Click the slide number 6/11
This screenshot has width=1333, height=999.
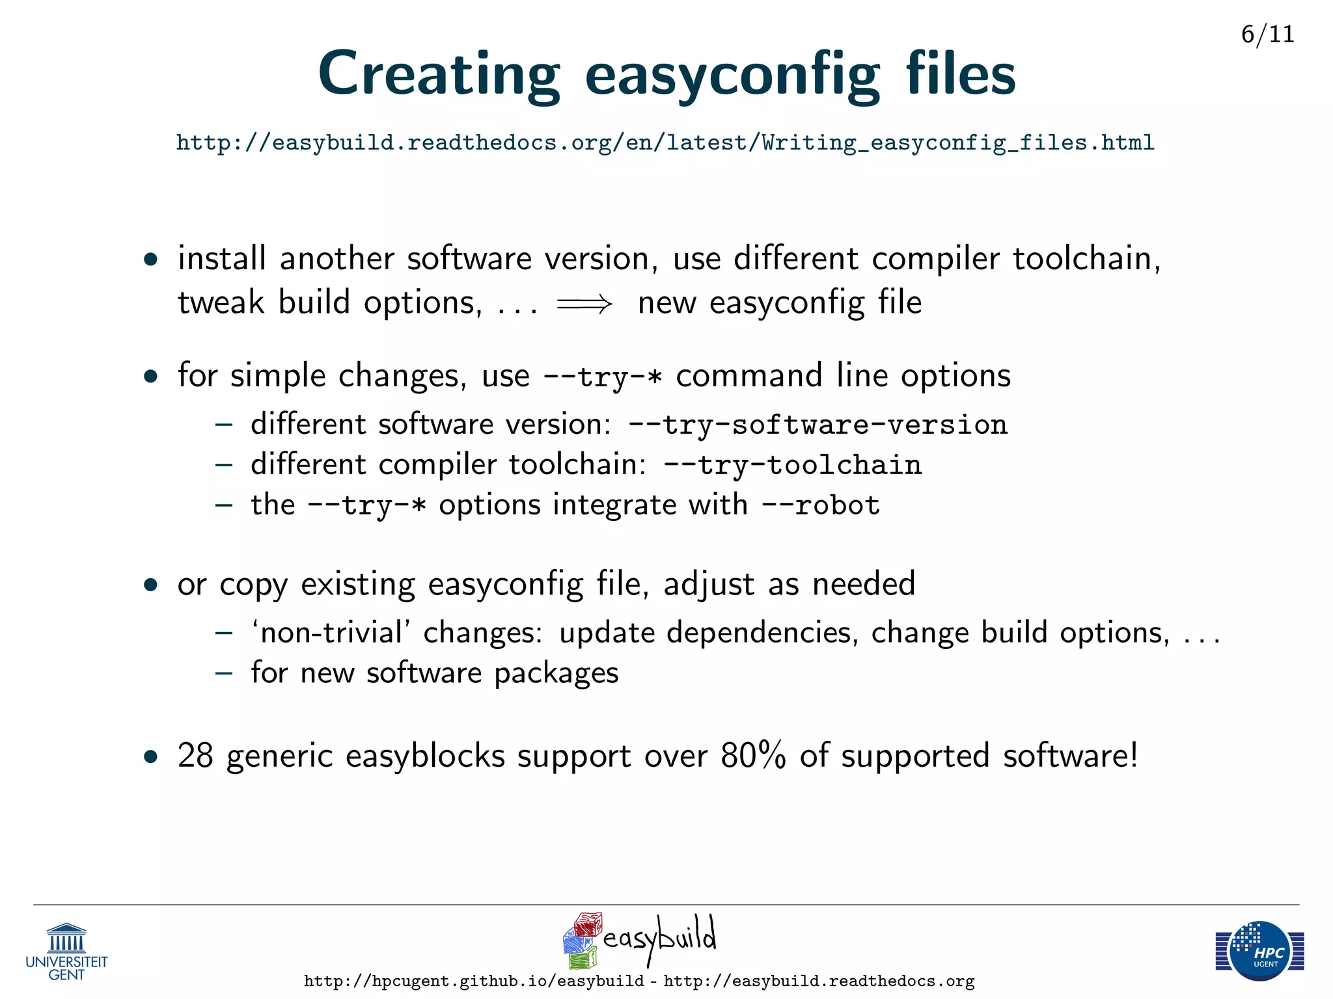click(1267, 34)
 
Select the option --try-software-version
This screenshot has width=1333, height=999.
click(818, 425)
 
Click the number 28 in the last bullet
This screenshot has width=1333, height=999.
click(195, 756)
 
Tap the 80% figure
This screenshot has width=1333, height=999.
click(753, 756)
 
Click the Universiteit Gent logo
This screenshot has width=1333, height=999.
click(66, 950)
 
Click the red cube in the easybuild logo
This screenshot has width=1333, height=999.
click(588, 924)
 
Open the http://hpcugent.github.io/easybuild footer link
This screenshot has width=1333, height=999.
click(474, 981)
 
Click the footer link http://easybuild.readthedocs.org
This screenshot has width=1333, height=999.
click(819, 981)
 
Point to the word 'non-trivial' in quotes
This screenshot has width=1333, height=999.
click(331, 633)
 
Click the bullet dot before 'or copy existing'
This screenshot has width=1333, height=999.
click(151, 585)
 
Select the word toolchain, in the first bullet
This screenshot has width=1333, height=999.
click(1086, 259)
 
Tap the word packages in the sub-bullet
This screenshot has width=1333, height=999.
click(556, 673)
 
